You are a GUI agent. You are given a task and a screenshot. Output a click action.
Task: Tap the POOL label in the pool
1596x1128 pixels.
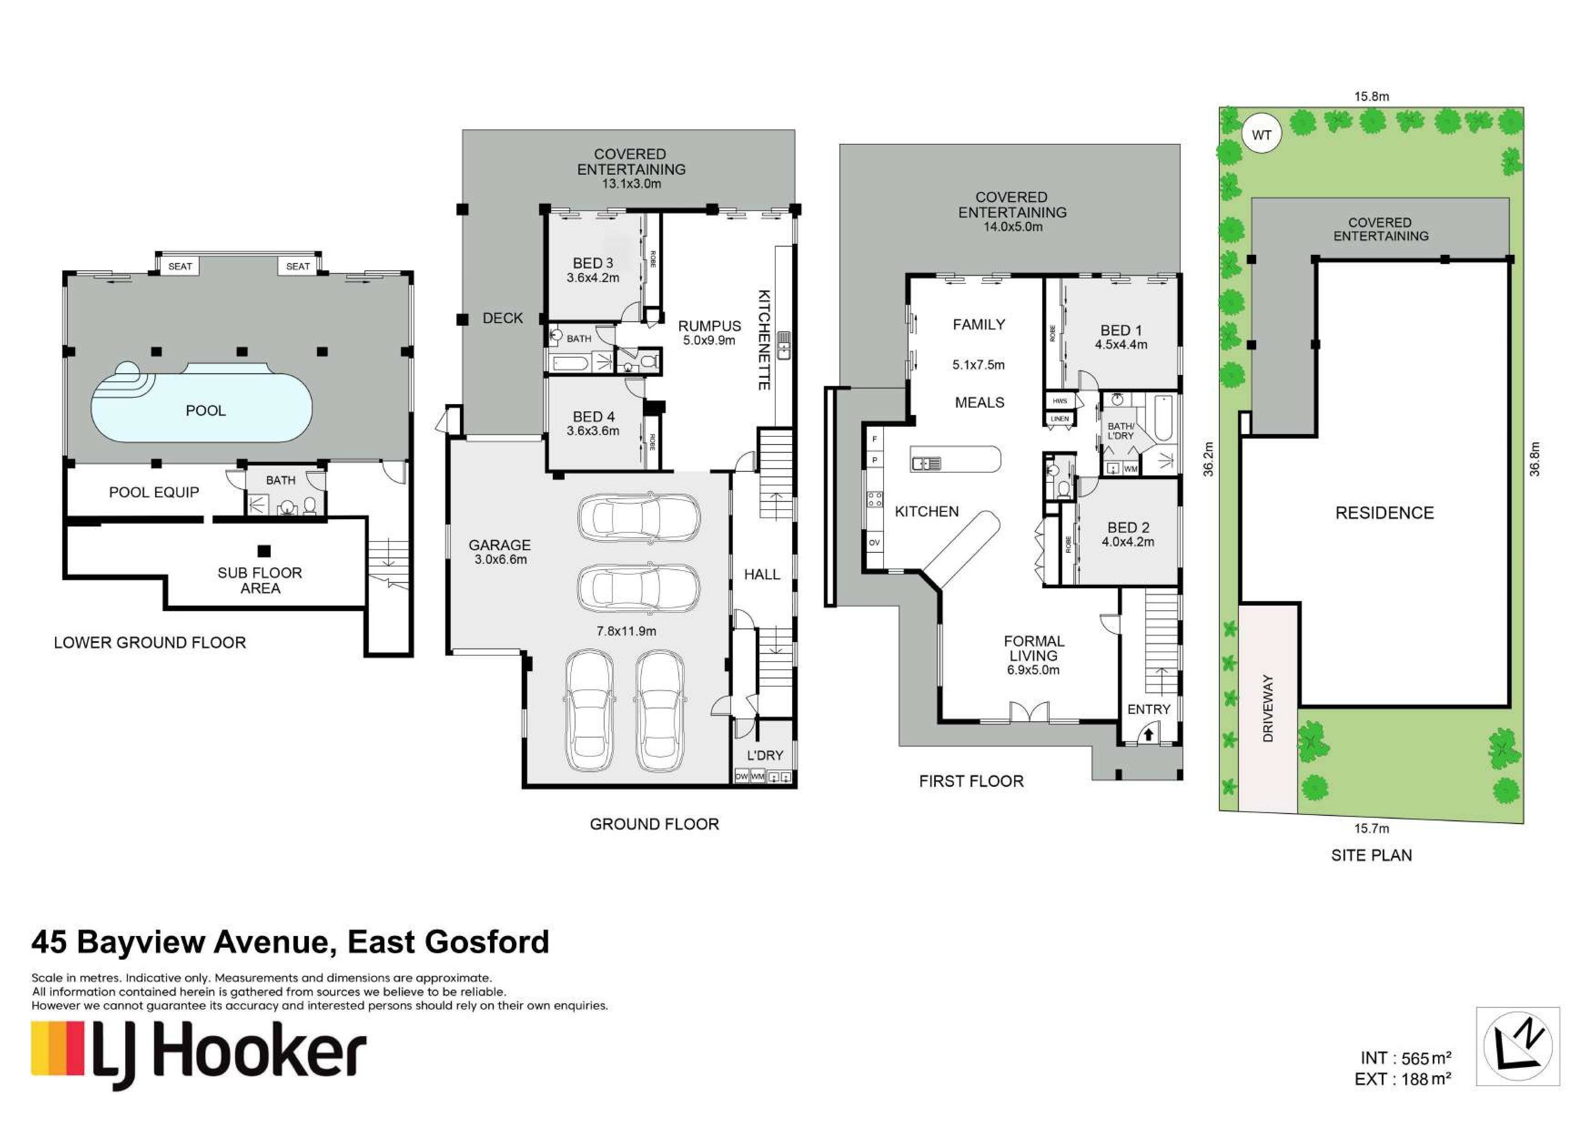click(x=206, y=411)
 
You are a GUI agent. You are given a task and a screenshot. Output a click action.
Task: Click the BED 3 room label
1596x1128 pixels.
click(x=593, y=263)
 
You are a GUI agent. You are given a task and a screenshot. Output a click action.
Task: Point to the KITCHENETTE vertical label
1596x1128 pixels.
click(x=763, y=340)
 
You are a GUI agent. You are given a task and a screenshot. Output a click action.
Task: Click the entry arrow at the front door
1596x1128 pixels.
click(x=1149, y=733)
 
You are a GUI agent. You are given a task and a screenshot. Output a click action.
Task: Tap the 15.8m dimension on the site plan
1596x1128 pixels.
click(x=1371, y=96)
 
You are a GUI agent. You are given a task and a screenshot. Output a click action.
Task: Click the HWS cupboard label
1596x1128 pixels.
click(x=1059, y=401)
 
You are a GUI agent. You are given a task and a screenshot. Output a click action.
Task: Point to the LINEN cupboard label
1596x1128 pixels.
click(x=1059, y=419)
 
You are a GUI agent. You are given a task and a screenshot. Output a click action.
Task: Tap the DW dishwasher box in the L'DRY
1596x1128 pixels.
click(x=742, y=776)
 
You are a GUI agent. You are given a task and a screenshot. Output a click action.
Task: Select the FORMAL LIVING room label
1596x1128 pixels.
click(x=1034, y=648)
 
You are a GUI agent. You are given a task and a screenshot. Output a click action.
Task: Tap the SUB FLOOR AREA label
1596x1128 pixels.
click(x=260, y=580)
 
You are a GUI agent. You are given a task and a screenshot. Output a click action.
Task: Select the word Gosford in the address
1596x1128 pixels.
click(x=487, y=942)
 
